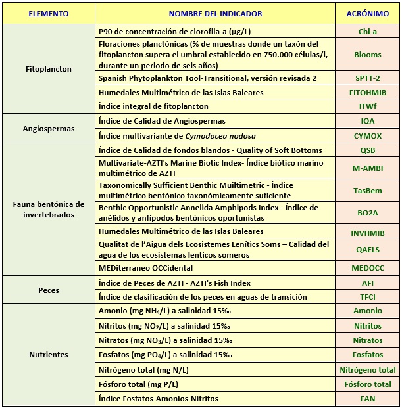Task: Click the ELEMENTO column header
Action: point(48,14)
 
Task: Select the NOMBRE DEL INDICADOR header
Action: point(215,14)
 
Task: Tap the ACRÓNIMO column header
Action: point(367,14)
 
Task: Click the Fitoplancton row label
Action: point(48,69)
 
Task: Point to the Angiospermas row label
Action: point(48,129)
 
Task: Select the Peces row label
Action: point(48,290)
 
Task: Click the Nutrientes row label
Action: point(48,355)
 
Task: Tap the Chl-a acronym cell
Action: point(367,32)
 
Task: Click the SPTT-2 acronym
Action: point(367,78)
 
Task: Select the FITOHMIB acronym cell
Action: point(367,93)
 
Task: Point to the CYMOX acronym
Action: point(367,135)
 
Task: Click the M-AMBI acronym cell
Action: point(367,168)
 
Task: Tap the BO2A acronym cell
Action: point(367,212)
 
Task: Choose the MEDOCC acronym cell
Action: point(367,268)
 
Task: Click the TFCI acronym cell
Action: point(367,296)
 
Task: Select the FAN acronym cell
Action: point(367,399)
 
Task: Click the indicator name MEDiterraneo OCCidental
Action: point(145,268)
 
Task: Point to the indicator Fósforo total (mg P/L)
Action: point(138,384)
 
